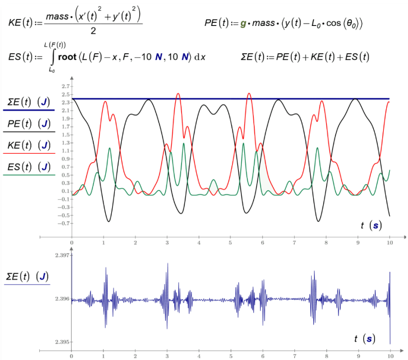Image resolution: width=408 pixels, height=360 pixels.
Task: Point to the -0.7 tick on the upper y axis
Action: (63, 223)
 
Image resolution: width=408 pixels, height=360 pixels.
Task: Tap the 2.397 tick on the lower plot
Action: (61, 255)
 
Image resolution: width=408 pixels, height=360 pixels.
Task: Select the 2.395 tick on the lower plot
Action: (61, 342)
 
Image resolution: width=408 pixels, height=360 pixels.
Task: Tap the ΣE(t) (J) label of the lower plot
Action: (27, 277)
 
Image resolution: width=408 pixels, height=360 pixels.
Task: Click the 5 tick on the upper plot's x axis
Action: (231, 242)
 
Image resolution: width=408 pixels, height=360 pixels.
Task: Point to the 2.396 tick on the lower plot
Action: (61, 299)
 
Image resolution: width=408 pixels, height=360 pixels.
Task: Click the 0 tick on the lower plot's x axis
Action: (72, 356)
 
